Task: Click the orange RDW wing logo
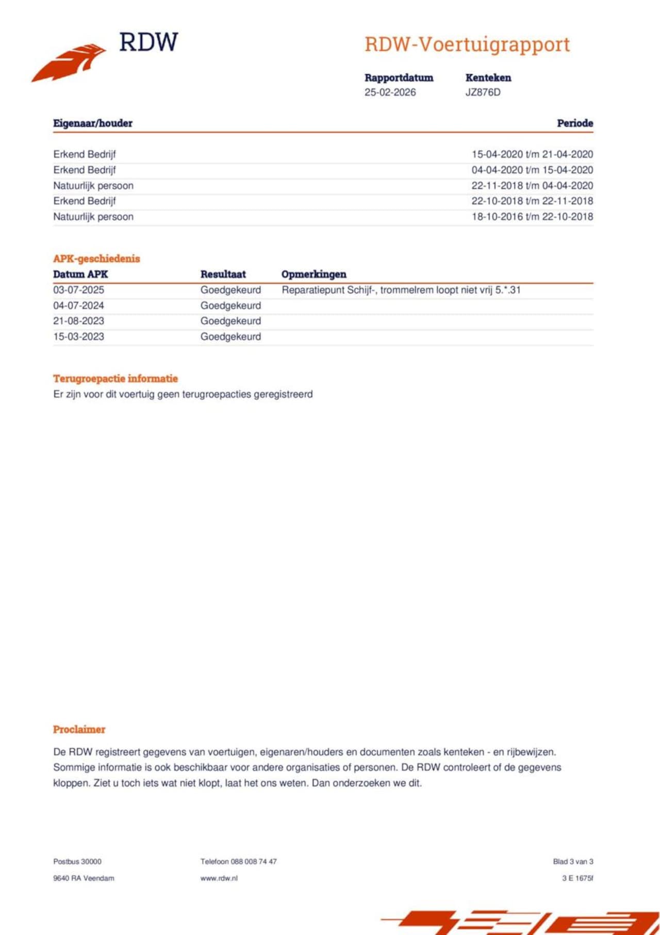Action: coord(69,62)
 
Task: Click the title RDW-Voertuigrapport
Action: coord(467,44)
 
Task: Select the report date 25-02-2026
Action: coord(390,92)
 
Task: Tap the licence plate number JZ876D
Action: coord(483,92)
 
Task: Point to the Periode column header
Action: coord(574,123)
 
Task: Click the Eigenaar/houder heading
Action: coord(93,123)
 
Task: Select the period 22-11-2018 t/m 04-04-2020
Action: coord(532,186)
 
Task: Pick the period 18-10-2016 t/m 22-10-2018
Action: coord(532,217)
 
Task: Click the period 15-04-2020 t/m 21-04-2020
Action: coord(532,154)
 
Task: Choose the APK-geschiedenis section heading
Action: coord(96,259)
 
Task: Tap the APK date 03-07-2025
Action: coord(78,290)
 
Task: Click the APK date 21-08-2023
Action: coord(78,321)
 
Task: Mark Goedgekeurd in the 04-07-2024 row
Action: coord(230,305)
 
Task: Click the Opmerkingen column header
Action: coord(313,275)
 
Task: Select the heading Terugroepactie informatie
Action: coord(115,379)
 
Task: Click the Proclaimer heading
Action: coord(79,730)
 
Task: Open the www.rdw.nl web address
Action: coord(219,878)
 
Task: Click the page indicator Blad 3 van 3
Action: coord(573,862)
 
